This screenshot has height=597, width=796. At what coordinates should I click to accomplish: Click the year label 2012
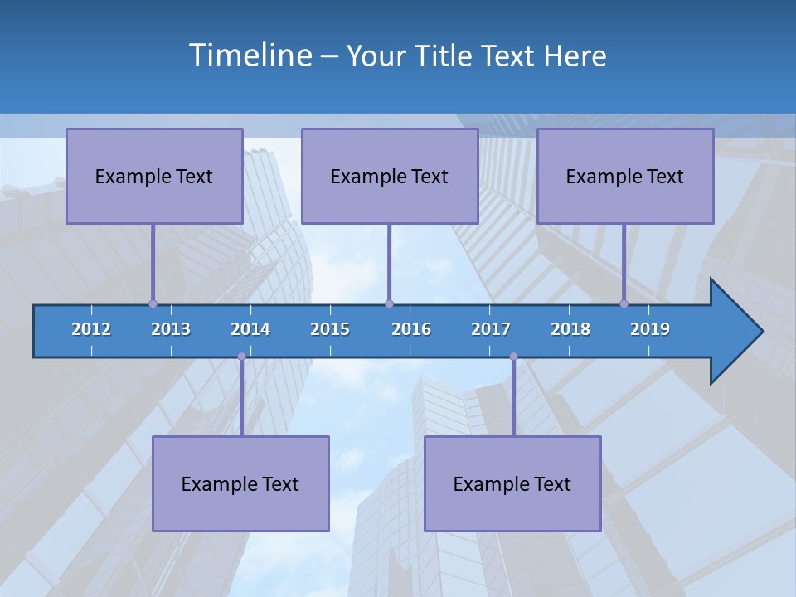coord(91,329)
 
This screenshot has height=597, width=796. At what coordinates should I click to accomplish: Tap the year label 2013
coord(171,329)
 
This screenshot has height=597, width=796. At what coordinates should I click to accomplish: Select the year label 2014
coord(250,329)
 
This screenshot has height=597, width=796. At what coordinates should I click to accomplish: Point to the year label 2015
coord(330,329)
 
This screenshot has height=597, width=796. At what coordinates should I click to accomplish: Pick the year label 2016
coord(411,329)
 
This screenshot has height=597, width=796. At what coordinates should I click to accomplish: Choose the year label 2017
coord(491,329)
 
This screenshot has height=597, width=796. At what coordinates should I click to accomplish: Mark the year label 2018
coord(570,329)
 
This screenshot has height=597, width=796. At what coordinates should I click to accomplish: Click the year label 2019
coord(650,329)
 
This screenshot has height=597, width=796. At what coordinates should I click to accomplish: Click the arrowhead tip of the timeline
coord(760,332)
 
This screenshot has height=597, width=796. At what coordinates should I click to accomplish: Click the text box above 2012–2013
coord(154,176)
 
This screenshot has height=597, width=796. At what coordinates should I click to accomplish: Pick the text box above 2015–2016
coord(390,176)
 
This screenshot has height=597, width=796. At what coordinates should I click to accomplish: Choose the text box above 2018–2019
coord(625,176)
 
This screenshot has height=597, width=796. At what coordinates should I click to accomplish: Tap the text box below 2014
coord(240,483)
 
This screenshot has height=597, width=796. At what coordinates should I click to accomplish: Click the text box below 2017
coord(512,483)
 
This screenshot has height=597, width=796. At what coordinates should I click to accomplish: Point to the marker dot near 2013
coord(153,303)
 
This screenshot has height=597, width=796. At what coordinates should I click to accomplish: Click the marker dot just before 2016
coord(389,303)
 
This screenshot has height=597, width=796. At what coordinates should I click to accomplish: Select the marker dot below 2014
coord(241,357)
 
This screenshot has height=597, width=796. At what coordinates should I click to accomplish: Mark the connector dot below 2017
coord(513,357)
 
